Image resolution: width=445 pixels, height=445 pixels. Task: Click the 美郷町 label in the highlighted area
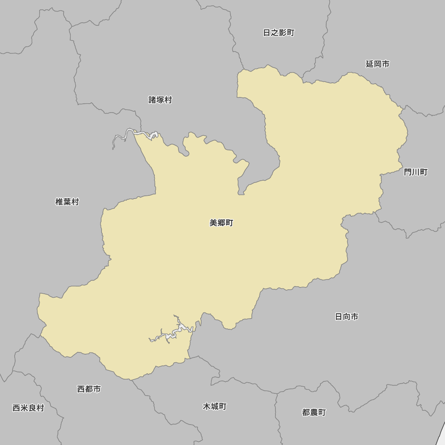click(x=221, y=223)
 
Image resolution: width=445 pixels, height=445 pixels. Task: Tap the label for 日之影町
click(x=279, y=33)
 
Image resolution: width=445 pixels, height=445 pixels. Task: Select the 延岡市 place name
click(x=377, y=64)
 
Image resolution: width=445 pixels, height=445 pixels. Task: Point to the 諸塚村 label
click(x=160, y=100)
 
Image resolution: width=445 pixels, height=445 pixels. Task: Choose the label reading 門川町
click(x=416, y=172)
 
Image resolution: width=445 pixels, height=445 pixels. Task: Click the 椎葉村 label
click(x=67, y=202)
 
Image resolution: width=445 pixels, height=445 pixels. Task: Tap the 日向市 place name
click(x=346, y=317)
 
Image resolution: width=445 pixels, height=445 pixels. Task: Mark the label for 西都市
click(x=89, y=389)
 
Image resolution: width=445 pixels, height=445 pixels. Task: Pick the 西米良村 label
click(x=28, y=408)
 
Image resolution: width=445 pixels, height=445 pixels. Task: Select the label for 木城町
click(x=214, y=407)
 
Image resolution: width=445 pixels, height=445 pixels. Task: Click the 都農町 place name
click(x=314, y=413)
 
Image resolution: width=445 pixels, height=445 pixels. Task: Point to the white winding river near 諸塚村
click(x=129, y=133)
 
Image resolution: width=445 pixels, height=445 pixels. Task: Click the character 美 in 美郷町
click(x=214, y=223)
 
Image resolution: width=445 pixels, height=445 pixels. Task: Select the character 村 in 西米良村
click(x=40, y=408)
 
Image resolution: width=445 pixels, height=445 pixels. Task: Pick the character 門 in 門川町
click(x=408, y=172)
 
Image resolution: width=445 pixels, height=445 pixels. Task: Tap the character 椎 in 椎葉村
click(x=59, y=202)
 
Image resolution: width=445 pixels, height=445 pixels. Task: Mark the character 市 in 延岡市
click(x=385, y=64)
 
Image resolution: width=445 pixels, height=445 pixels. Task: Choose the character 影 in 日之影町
click(x=283, y=33)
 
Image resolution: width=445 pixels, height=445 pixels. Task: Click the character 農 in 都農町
click(x=314, y=413)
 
